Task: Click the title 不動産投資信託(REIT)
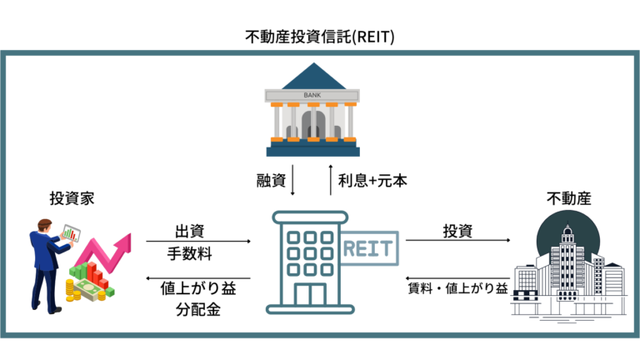[320, 37]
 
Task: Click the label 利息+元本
[372, 179]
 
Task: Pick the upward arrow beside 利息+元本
[331, 180]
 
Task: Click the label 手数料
[188, 252]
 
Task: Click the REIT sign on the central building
[369, 247]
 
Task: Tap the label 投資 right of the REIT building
[457, 229]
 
